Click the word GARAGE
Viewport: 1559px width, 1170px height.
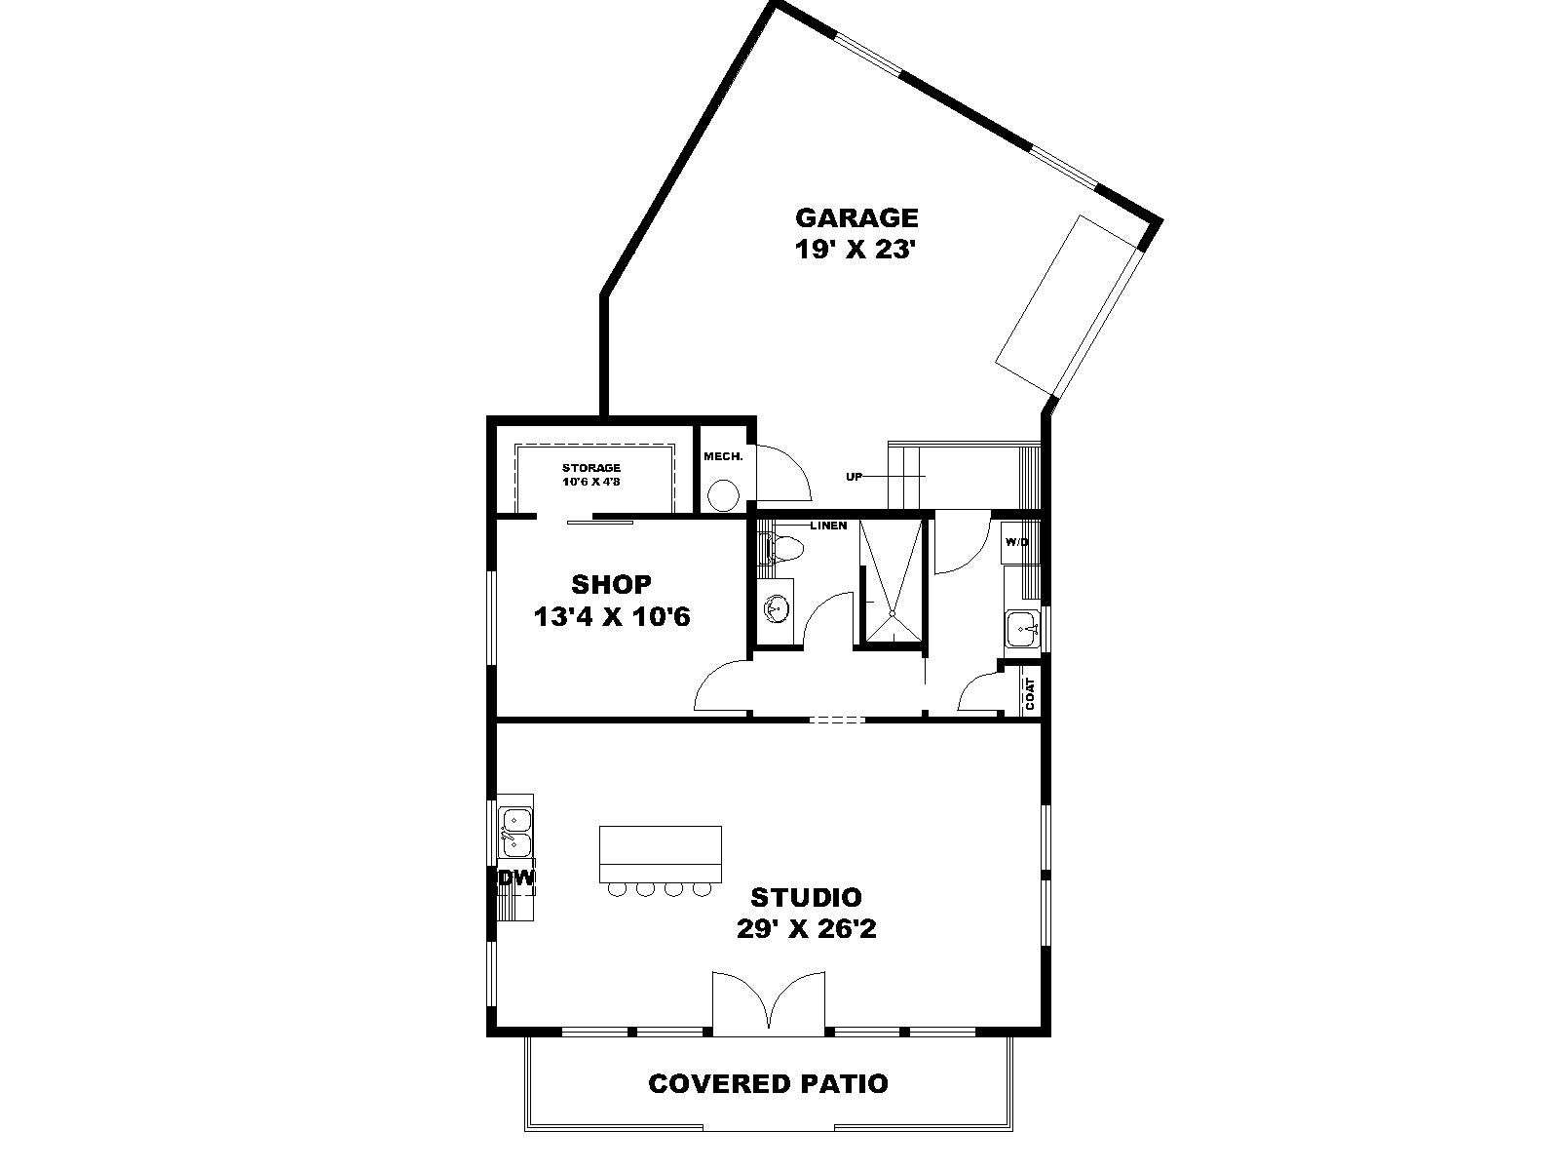(856, 216)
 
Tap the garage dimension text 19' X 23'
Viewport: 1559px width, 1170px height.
(853, 250)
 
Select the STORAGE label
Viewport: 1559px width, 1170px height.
(591, 467)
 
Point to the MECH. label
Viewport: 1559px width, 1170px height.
(723, 456)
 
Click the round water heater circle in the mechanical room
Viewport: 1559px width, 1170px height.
(724, 494)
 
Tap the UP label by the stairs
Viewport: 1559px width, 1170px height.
(854, 477)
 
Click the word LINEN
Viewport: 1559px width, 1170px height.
(828, 526)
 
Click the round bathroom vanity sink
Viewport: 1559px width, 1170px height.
(774, 608)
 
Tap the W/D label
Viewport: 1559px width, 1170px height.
(1016, 542)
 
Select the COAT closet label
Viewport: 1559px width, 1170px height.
(1030, 693)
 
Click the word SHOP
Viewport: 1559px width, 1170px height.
(611, 584)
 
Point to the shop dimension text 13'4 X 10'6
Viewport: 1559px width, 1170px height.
(612, 616)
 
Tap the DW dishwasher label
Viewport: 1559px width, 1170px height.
(514, 878)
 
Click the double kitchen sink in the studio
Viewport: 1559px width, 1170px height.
(516, 833)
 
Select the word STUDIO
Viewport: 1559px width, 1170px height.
(806, 897)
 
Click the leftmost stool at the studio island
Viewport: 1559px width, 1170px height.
(615, 888)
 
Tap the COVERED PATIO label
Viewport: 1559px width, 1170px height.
(768, 1083)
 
